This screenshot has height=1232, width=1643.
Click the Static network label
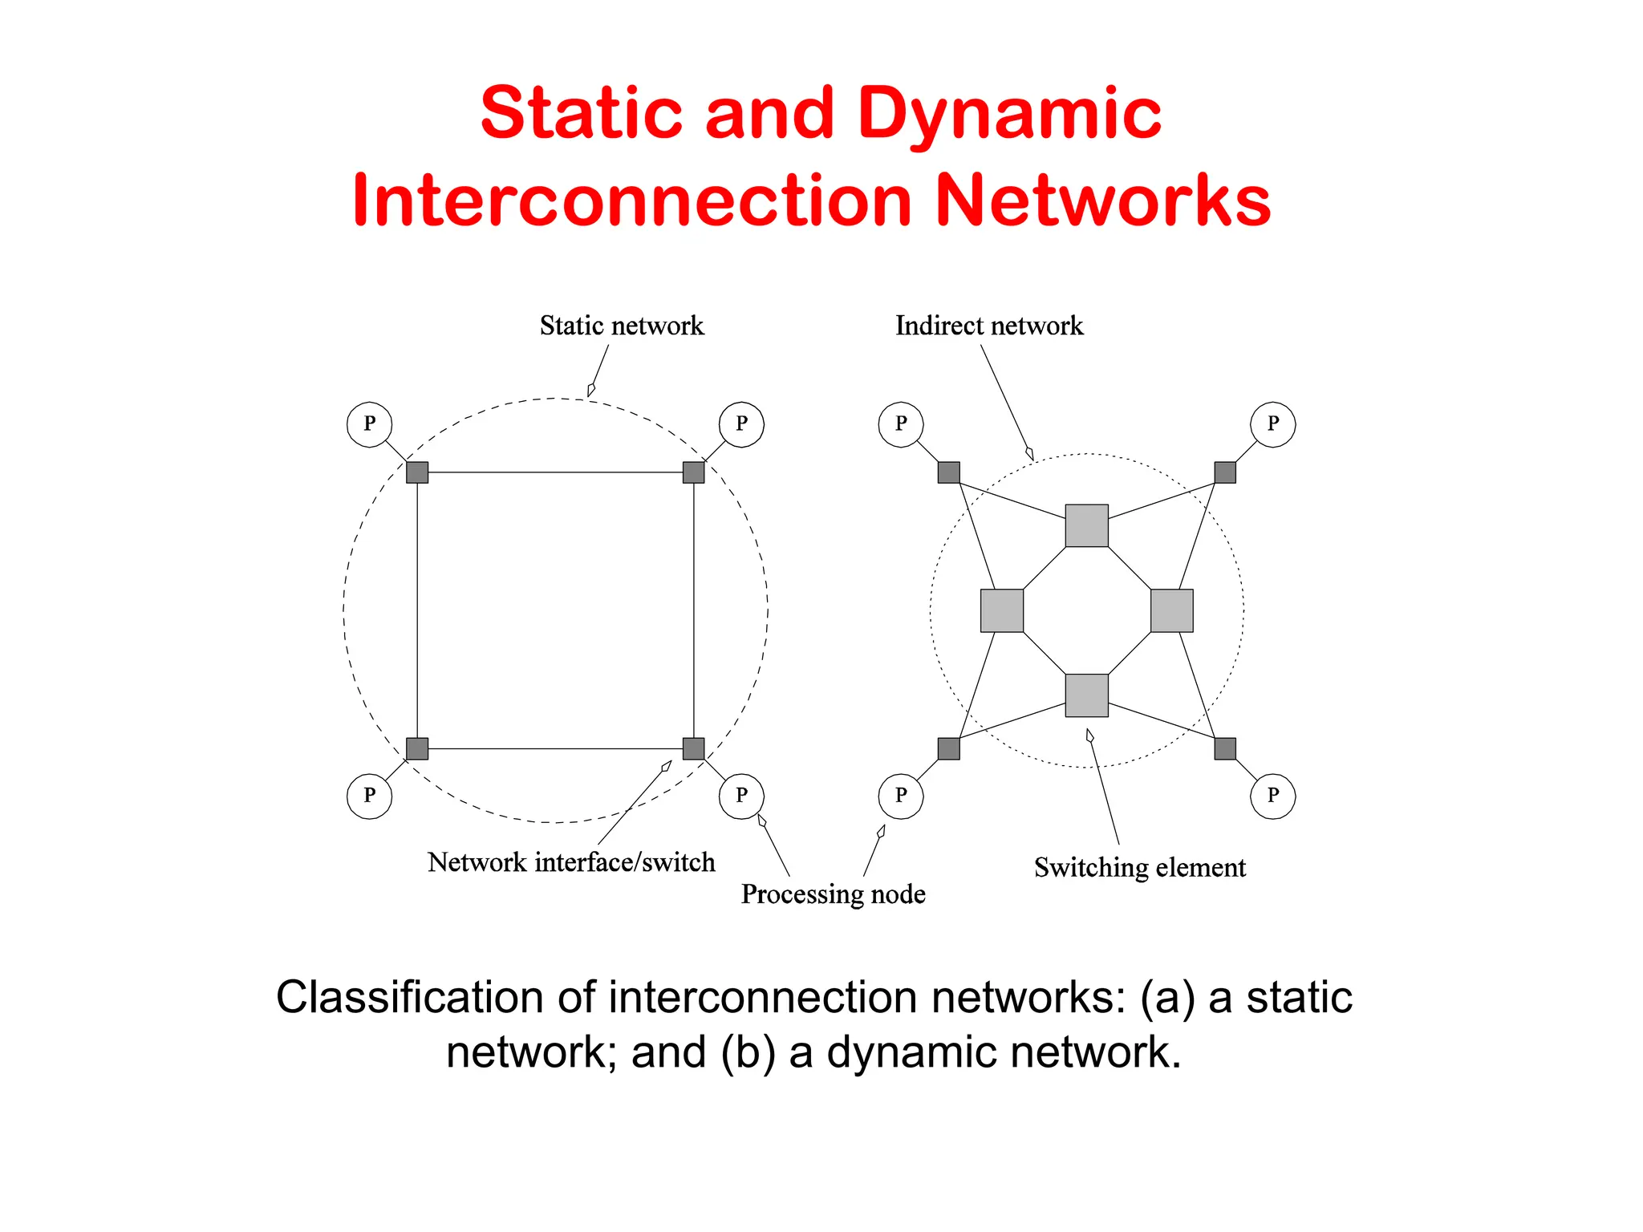click(x=622, y=326)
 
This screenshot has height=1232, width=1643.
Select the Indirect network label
click(x=988, y=326)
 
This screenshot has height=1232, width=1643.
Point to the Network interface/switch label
click(x=571, y=862)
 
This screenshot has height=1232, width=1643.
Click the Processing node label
click(x=833, y=894)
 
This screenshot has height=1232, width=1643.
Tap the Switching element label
click(x=1139, y=867)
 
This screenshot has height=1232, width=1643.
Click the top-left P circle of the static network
click(x=369, y=424)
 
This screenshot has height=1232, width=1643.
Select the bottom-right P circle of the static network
click(x=741, y=796)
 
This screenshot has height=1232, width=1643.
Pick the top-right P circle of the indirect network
click(x=1272, y=424)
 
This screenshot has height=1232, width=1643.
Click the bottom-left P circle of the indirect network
click(x=901, y=796)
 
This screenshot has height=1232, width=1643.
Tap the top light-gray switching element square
click(x=1086, y=525)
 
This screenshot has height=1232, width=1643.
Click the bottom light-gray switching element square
click(x=1086, y=695)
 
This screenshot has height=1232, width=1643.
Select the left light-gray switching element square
click(x=1002, y=610)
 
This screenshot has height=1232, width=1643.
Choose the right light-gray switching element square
click(x=1171, y=610)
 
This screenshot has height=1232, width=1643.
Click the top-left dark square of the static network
click(x=417, y=472)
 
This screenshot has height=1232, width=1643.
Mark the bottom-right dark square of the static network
click(x=693, y=748)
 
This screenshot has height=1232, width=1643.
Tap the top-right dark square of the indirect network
click(x=1224, y=472)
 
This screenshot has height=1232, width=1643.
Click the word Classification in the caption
click(x=410, y=998)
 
